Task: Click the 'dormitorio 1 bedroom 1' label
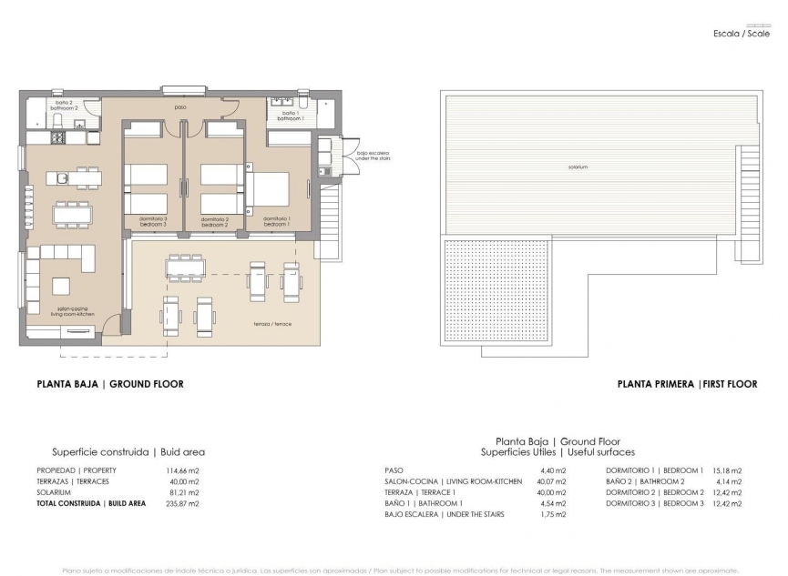point(277,221)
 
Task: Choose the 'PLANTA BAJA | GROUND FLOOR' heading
point(109,384)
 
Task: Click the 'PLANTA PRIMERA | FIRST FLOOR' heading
point(687,384)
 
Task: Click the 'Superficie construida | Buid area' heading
point(128,451)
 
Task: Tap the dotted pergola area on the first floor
point(496,290)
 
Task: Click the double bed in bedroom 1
point(267,190)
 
